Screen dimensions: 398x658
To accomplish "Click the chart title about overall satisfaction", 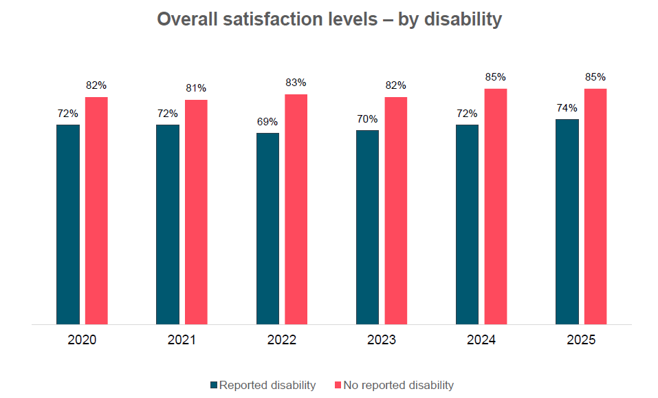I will point(329,19).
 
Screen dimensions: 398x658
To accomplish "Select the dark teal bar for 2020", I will point(68,224).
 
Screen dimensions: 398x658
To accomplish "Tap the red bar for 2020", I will point(96,210).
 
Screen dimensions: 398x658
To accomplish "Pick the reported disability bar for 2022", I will point(267,228).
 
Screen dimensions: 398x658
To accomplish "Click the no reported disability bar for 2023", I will point(395,210).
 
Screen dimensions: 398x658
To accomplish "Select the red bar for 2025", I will point(595,206).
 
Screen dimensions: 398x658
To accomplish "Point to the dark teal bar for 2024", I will point(467,224).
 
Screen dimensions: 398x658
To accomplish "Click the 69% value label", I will point(267,122).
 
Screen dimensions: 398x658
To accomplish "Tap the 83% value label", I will point(296,83).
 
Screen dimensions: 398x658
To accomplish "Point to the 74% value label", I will point(567,108).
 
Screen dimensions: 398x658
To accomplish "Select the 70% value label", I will point(367,119).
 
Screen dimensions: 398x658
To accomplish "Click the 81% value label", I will point(196,89).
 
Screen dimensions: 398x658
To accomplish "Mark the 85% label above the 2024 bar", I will point(495,78).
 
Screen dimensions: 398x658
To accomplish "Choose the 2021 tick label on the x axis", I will point(182,340).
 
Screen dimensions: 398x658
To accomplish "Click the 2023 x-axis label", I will point(381,340).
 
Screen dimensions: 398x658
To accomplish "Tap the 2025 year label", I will point(581,340).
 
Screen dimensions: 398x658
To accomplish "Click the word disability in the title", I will point(463,19).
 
